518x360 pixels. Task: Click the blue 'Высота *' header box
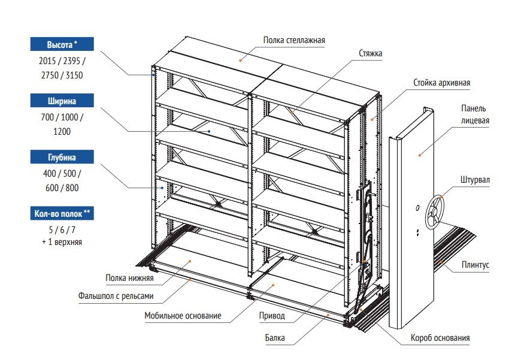pos(63,45)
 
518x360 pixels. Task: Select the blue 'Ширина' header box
pos(63,101)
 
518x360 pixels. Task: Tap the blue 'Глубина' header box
pos(63,158)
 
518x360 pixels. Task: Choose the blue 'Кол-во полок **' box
pos(63,214)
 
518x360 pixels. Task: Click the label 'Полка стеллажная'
pos(294,41)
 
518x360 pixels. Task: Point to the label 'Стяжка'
pos(371,53)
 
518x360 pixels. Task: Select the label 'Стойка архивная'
pos(441,83)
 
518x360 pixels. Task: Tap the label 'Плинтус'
pos(475,264)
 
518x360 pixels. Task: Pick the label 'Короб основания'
pos(440,338)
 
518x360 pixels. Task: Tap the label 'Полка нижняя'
pos(130,278)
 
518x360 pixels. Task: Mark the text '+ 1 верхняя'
pos(62,243)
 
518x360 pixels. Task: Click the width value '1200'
pos(62,131)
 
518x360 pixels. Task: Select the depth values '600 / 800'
pos(62,187)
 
